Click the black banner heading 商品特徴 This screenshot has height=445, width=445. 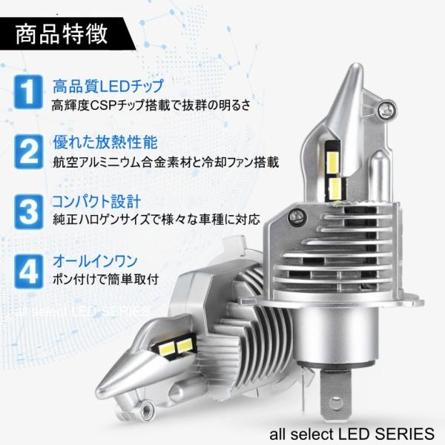coord(61,34)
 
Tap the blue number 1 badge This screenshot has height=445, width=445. coord(28,92)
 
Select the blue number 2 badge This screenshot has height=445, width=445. coord(29,152)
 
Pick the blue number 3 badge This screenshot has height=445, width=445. coord(29,212)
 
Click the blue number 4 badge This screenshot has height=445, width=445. coord(29,271)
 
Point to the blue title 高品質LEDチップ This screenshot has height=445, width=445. coord(108,86)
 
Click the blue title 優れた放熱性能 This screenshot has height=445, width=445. coord(105,142)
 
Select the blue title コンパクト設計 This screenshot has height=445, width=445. coord(96,201)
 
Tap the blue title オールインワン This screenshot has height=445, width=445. coord(96,261)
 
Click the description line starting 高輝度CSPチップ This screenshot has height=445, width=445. coord(151,105)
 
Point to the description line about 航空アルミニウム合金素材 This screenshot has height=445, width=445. coord(165,162)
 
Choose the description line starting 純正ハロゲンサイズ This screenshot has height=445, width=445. coord(156,220)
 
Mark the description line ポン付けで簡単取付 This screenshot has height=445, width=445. coord(105,280)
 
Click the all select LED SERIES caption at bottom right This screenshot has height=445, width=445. coord(352,434)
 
